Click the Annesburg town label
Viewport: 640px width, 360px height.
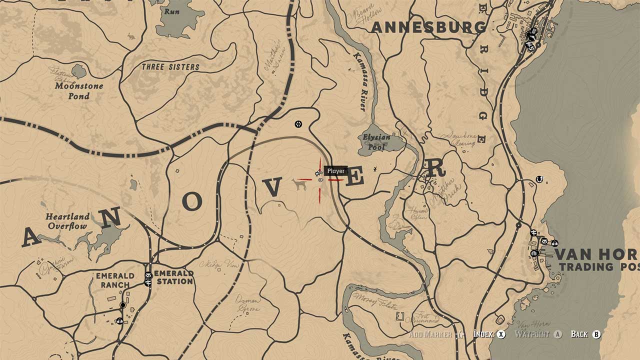428,27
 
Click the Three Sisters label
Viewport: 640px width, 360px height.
170,67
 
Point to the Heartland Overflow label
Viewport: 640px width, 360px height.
67,221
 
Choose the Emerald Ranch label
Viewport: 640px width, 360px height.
115,280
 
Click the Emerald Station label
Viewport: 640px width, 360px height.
173,277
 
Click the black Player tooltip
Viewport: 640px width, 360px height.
335,171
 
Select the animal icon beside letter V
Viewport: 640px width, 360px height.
299,185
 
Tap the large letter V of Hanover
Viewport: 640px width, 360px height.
272,188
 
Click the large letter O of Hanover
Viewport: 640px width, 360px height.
192,201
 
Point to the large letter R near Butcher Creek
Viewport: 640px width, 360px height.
435,168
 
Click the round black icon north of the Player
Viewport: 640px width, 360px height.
298,123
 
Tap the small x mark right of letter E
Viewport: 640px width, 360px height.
375,170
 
